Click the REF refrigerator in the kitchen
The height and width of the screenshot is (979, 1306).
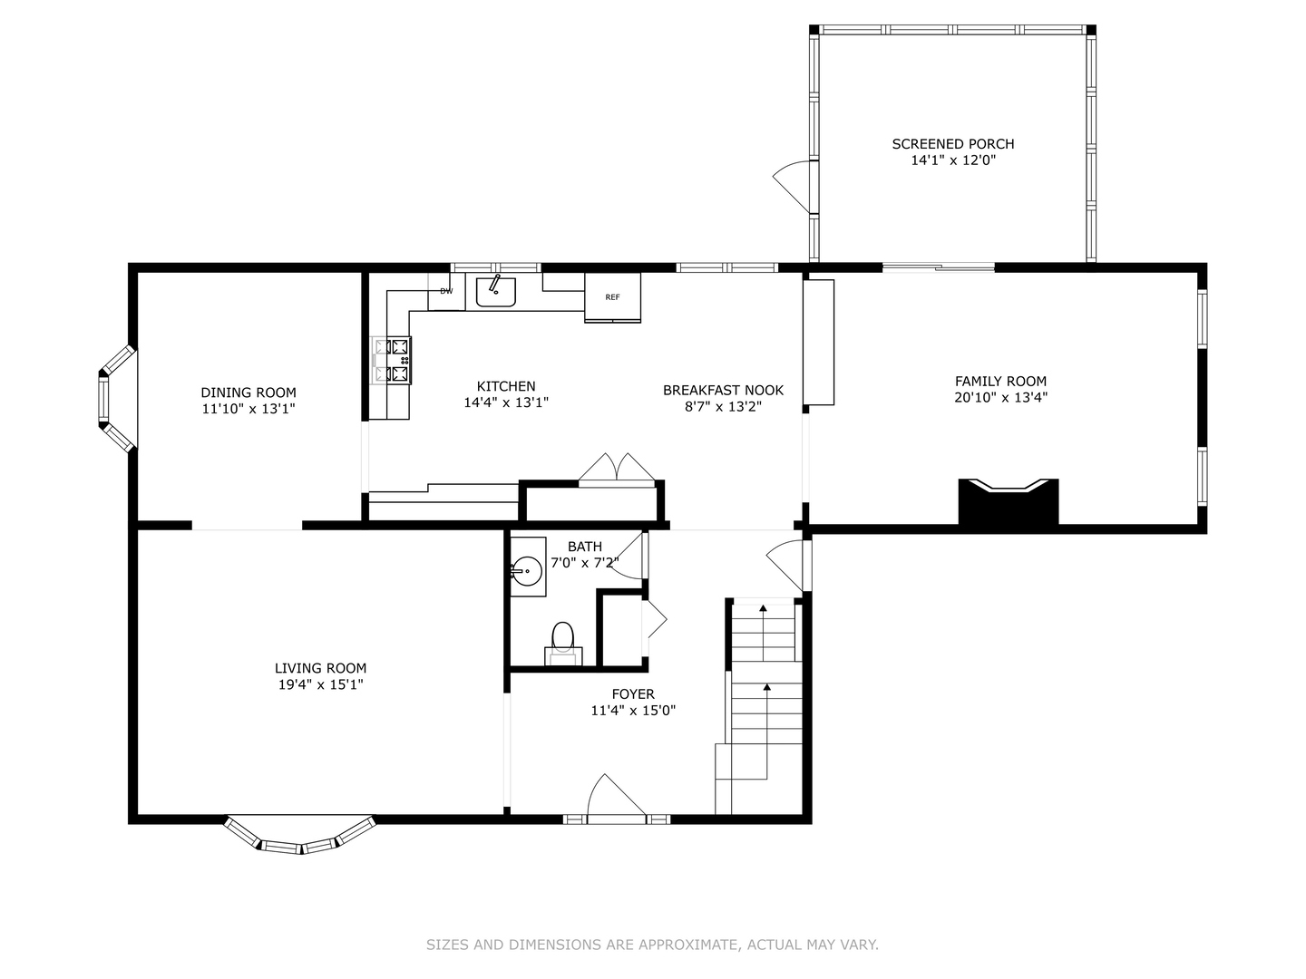pos(612,298)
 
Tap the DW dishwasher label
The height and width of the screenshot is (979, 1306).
pos(446,291)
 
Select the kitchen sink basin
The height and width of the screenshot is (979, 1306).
pos(495,292)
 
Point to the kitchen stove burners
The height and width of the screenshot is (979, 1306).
pos(394,360)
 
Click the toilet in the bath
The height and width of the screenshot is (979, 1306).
pos(563,644)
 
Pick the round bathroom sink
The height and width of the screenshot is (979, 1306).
pos(527,571)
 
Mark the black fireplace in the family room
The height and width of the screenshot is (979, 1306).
pos(1009,501)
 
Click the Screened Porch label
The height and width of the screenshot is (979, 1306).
pos(953,144)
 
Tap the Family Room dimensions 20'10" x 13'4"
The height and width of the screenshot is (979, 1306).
pos(1000,398)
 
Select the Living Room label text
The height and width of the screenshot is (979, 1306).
pos(321,668)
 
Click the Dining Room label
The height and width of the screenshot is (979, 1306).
pos(249,393)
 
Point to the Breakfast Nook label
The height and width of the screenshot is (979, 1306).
pos(724,390)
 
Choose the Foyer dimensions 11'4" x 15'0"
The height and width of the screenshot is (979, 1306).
pos(633,711)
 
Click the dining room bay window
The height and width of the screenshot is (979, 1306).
pos(117,399)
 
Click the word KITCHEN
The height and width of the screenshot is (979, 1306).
pos(506,386)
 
